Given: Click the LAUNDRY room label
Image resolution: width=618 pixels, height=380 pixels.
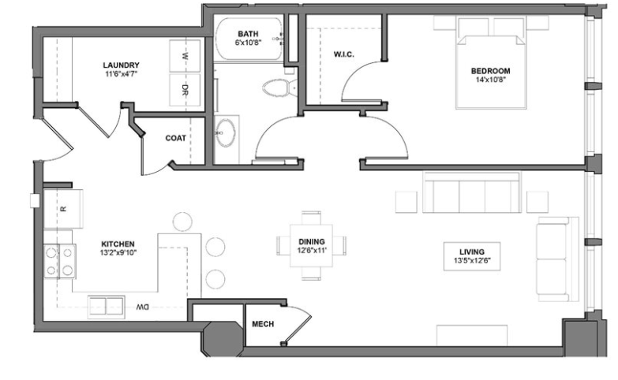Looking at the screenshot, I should point(121,65).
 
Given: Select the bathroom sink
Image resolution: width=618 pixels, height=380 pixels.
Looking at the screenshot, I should point(227,133).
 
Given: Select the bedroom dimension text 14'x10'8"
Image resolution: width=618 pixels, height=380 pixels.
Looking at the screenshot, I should point(492,79).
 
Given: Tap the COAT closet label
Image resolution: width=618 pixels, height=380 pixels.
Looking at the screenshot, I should point(175,138).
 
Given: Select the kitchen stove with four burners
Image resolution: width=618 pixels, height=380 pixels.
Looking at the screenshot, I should point(60,261).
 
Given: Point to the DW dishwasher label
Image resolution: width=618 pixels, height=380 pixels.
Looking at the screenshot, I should point(143,306).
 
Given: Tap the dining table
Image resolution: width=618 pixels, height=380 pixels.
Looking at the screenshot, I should point(312,246).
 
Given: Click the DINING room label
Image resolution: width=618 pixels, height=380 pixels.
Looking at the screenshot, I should point(312,241).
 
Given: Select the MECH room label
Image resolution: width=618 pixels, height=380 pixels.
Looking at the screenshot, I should point(262,324).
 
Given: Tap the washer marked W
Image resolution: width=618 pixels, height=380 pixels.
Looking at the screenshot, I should point(185,58).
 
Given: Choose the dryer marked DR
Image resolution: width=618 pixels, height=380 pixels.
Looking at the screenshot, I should point(185,88).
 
